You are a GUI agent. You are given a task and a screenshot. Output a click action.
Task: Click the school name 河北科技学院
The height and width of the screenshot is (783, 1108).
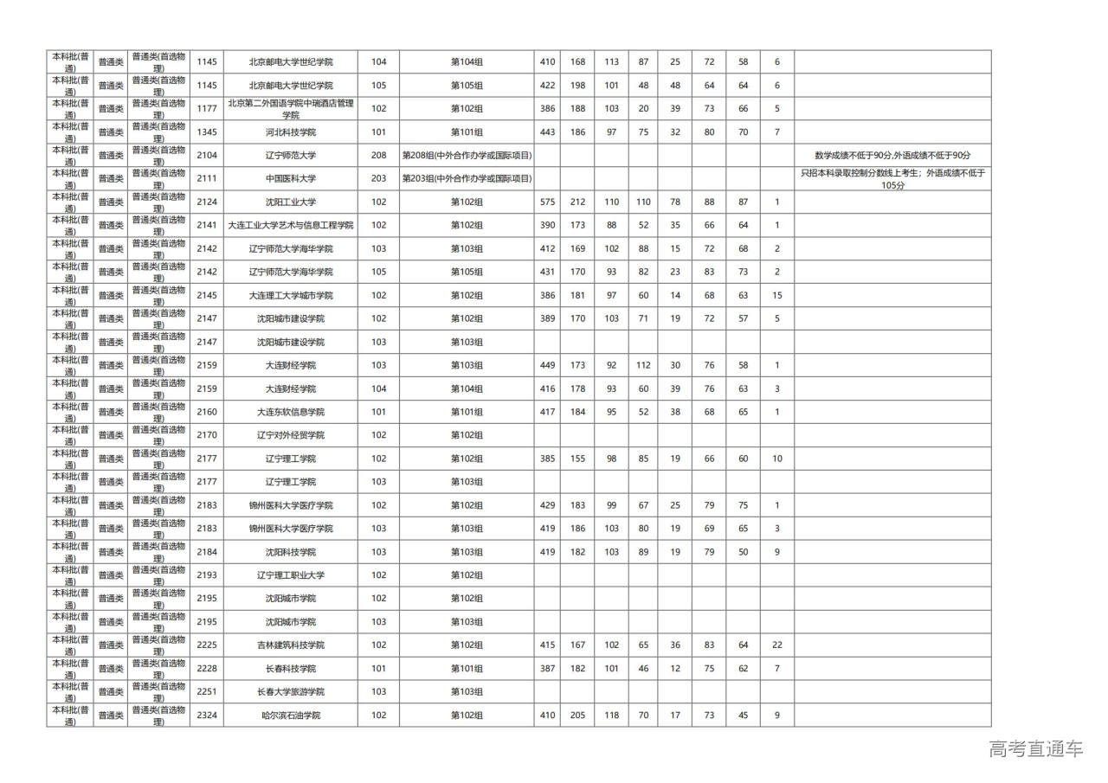pyautogui.click(x=291, y=132)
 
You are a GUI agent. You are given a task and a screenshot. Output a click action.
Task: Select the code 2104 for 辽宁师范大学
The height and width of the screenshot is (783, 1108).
pyautogui.click(x=207, y=156)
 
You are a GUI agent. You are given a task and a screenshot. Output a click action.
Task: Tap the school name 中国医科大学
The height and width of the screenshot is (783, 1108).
pyautogui.click(x=291, y=179)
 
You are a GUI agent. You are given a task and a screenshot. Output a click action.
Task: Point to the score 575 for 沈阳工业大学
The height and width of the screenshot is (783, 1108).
pyautogui.click(x=547, y=202)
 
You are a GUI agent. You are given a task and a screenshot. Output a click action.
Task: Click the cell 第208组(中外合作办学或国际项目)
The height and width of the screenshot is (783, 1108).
pyautogui.click(x=467, y=156)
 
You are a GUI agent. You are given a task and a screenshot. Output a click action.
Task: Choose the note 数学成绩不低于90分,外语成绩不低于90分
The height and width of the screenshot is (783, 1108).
pyautogui.click(x=892, y=156)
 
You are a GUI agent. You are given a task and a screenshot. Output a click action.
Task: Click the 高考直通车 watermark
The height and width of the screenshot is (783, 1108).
pyautogui.click(x=1035, y=749)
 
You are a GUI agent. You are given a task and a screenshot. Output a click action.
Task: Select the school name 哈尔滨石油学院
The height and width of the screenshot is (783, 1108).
pyautogui.click(x=291, y=716)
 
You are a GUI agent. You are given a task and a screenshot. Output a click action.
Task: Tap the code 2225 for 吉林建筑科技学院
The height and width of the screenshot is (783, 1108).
pyautogui.click(x=207, y=645)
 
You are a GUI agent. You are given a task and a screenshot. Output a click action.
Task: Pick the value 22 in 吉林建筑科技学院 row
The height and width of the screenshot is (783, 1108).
pyautogui.click(x=776, y=645)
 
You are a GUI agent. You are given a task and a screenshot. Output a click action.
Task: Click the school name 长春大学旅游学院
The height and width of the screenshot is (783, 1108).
pyautogui.click(x=291, y=692)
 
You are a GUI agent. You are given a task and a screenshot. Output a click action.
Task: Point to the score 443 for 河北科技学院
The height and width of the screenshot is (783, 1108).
pyautogui.click(x=547, y=132)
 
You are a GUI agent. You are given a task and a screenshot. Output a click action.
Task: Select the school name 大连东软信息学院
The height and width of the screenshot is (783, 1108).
pyautogui.click(x=291, y=413)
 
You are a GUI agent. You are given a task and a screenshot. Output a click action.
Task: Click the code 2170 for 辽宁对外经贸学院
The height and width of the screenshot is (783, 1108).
pyautogui.click(x=207, y=435)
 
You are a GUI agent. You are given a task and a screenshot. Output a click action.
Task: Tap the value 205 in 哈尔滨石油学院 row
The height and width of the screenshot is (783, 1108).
pyautogui.click(x=577, y=716)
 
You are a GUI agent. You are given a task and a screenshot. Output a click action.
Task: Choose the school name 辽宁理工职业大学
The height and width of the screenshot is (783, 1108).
pyautogui.click(x=291, y=575)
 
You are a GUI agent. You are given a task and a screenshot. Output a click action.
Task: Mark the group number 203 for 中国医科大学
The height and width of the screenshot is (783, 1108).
pyautogui.click(x=378, y=179)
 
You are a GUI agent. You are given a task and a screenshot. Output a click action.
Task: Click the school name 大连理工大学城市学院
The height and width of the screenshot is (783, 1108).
pyautogui.click(x=291, y=296)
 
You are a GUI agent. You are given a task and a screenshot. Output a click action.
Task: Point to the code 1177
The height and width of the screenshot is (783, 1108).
pyautogui.click(x=207, y=109)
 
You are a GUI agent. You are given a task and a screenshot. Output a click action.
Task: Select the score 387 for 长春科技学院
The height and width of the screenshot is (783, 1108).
pyautogui.click(x=547, y=669)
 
